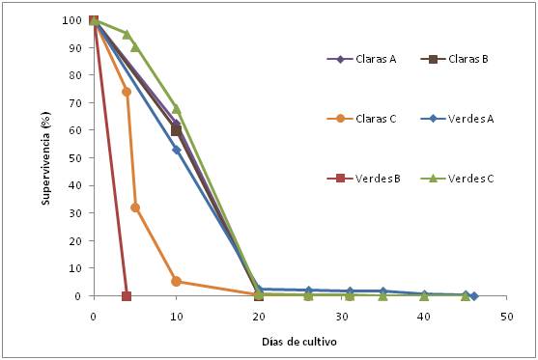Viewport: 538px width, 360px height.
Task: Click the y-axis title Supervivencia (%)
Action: (x=46, y=156)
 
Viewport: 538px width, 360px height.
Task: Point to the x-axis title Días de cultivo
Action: (x=299, y=342)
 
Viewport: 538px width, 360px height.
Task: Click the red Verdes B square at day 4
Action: (x=127, y=296)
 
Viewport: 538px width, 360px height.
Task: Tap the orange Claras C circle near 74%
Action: (x=127, y=92)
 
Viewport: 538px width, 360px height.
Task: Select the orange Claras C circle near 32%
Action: (x=135, y=208)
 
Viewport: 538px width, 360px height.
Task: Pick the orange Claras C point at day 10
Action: (x=176, y=282)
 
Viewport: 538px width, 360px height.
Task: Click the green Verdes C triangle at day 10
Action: (x=176, y=108)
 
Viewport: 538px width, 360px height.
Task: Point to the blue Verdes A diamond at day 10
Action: (x=176, y=150)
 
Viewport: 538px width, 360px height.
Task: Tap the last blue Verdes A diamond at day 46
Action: (x=474, y=296)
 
